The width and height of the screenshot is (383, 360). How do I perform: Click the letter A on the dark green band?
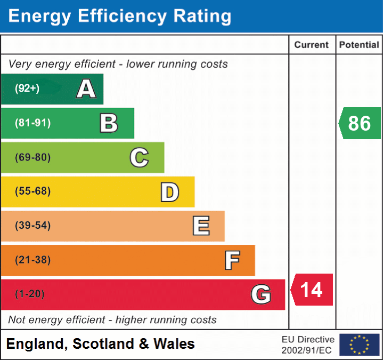tap(86, 89)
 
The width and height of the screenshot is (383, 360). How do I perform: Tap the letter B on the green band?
tap(109, 123)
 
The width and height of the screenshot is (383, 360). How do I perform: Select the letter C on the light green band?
tap(139, 157)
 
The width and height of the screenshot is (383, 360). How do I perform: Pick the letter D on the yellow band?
tap(170, 192)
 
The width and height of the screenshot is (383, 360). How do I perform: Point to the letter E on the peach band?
tap(201, 226)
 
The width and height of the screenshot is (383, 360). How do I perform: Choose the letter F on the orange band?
tap(232, 260)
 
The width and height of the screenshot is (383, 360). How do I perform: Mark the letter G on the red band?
tap(261, 294)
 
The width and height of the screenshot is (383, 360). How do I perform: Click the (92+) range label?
tap(27, 89)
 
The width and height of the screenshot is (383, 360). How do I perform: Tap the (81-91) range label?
tap(33, 123)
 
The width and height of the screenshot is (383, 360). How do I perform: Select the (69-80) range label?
tap(33, 157)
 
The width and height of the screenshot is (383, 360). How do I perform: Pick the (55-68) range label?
tap(33, 191)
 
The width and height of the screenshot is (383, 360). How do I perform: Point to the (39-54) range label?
tap(33, 225)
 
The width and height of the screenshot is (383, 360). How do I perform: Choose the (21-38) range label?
tap(33, 260)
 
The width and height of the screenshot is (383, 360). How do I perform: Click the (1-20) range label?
tap(30, 294)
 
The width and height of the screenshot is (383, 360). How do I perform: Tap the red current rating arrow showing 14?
tap(312, 290)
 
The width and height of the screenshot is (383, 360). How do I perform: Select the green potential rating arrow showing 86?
tap(360, 123)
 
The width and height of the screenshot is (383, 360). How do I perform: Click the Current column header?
tap(312, 45)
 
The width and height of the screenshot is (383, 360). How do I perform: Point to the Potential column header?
tap(359, 45)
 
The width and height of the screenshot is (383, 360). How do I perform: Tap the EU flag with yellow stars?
tap(360, 345)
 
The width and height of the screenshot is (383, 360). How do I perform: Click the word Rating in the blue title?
tap(202, 16)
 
